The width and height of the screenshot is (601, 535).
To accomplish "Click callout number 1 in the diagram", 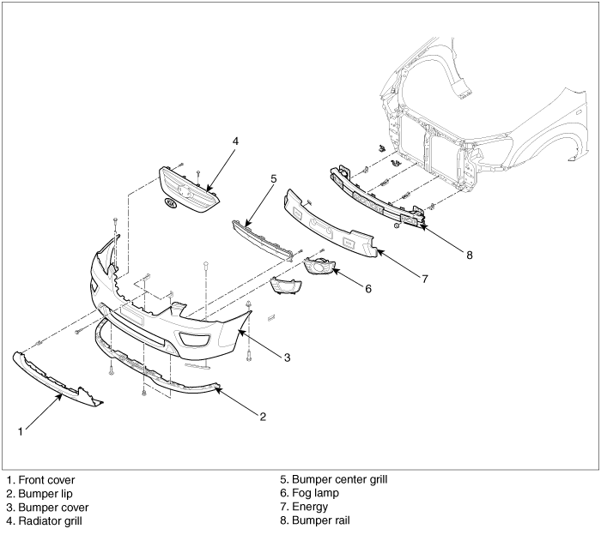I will (19, 430).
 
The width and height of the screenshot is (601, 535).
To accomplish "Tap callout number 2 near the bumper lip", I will (263, 417).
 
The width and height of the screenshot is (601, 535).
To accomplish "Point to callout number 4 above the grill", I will (235, 140).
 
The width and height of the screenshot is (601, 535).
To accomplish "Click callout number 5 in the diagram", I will (273, 178).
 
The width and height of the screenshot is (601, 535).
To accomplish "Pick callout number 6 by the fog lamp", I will (367, 289).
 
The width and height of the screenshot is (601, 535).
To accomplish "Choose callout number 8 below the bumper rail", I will (469, 254).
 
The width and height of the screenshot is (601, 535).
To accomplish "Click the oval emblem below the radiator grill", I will (171, 204).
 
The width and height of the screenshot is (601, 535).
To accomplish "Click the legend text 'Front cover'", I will (46, 479).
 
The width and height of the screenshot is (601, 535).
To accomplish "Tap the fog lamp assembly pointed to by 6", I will (319, 267).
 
